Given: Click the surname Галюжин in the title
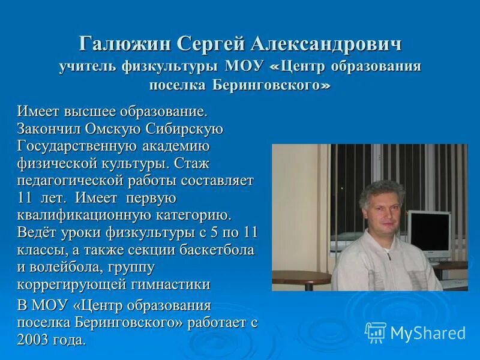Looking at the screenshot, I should click(125, 44).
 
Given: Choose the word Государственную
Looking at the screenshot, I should click(78, 146).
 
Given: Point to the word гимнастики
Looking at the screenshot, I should click(174, 284).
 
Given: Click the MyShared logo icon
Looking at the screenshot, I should click(376, 332).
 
